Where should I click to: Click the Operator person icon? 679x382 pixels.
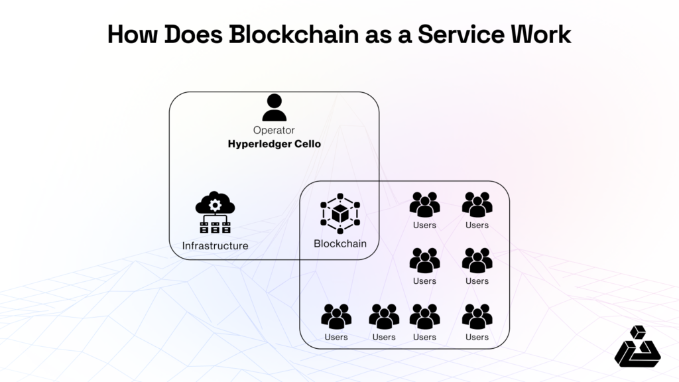(x=274, y=107)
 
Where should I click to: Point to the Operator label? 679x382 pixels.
(x=274, y=130)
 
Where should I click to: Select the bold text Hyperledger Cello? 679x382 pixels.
(x=274, y=143)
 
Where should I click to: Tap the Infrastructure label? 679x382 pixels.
(x=215, y=246)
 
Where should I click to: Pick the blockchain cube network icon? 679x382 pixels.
(x=339, y=213)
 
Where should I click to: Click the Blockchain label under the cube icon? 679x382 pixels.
(x=339, y=243)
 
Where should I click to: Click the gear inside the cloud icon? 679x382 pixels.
(x=215, y=205)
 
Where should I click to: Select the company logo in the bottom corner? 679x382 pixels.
(x=637, y=346)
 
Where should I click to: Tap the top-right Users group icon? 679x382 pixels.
(x=477, y=204)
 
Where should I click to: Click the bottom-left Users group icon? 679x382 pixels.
(x=336, y=316)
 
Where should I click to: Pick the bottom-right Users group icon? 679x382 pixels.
(x=477, y=316)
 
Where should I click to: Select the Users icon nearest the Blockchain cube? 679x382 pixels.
(x=424, y=204)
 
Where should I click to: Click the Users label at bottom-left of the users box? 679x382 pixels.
(x=336, y=337)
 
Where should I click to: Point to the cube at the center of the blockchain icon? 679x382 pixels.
(x=339, y=214)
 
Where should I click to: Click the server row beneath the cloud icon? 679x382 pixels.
(x=215, y=227)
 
